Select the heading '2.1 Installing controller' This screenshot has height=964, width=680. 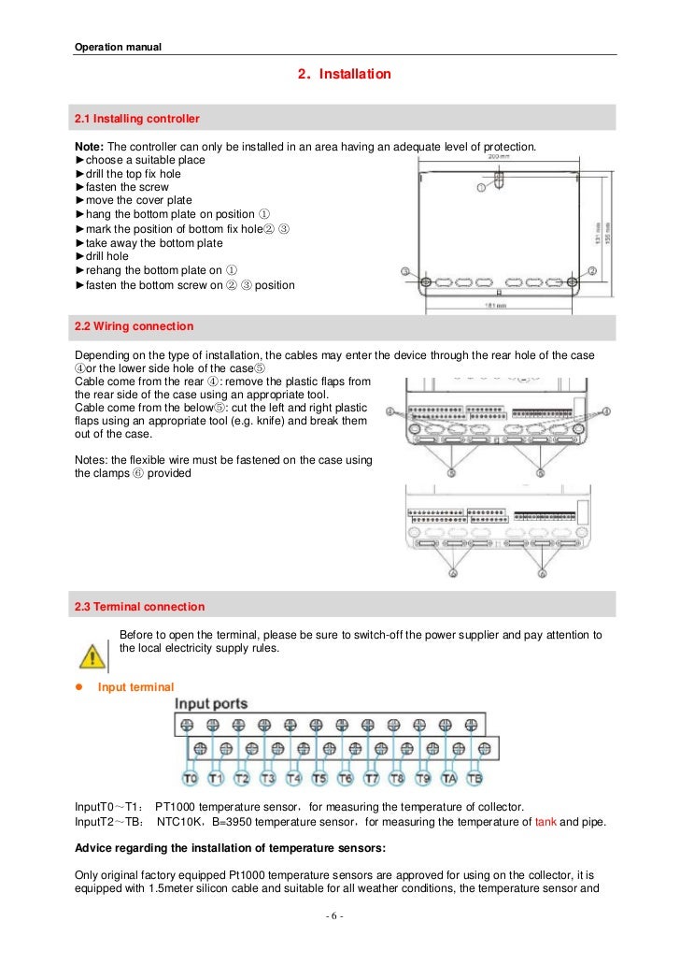[137, 119]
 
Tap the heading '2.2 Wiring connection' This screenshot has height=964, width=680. [135, 326]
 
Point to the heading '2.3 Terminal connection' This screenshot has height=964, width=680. [139, 607]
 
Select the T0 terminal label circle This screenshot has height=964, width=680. [190, 778]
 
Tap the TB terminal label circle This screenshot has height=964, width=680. [475, 778]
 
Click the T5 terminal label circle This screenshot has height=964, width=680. [319, 778]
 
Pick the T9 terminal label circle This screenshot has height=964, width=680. [423, 778]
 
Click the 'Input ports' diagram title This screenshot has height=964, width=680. [212, 704]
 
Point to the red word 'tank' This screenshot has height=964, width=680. [545, 822]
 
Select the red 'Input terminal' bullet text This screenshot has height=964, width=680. [135, 687]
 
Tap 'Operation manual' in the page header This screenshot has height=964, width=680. [118, 48]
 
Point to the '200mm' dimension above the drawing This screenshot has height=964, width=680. [498, 157]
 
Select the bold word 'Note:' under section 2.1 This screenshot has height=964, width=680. [90, 148]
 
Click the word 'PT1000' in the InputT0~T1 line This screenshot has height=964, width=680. [175, 807]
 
